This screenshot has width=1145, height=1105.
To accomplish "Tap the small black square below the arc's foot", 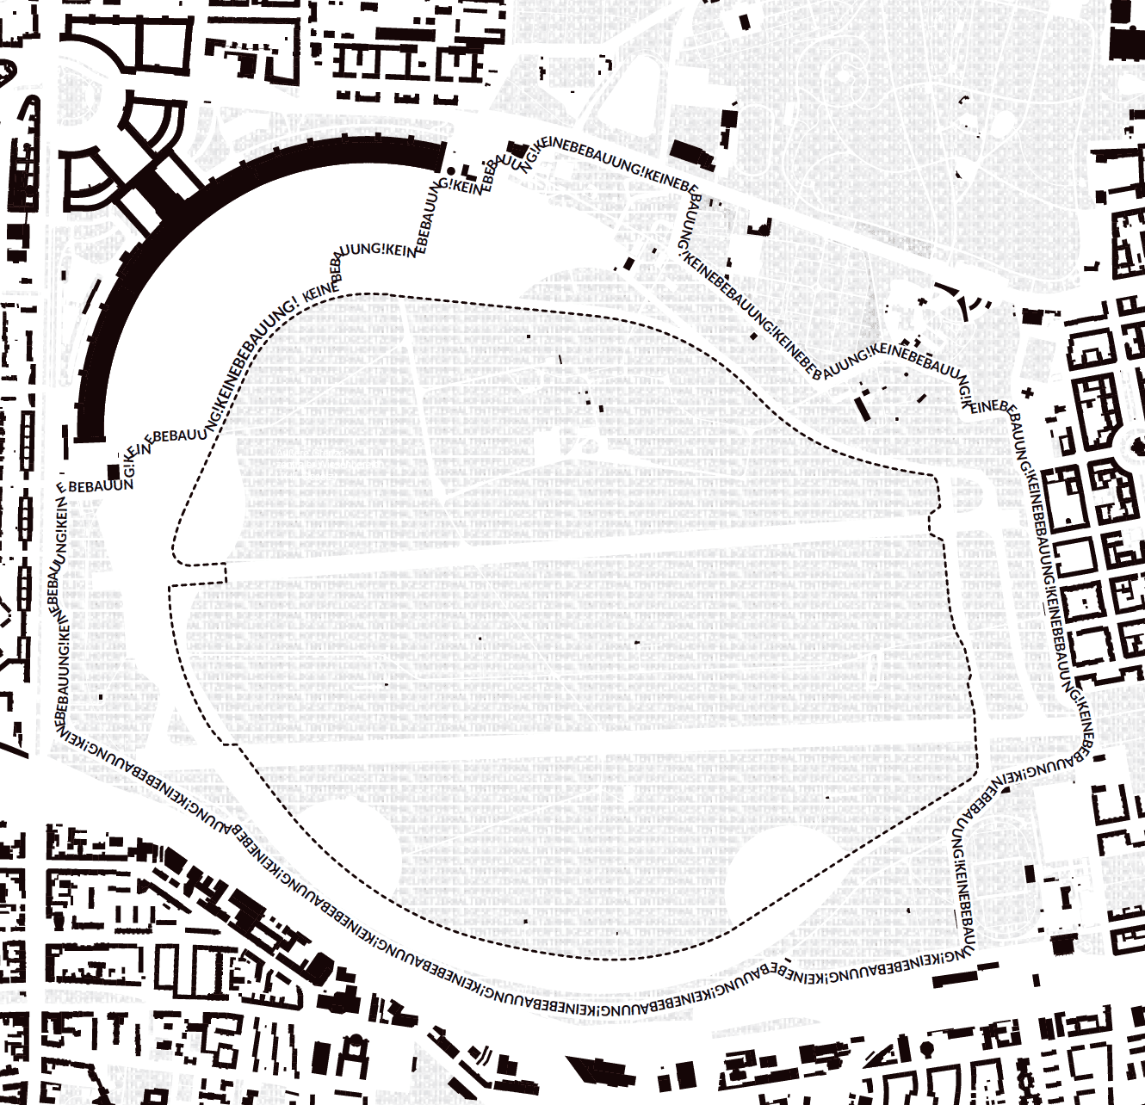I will tap(113, 472).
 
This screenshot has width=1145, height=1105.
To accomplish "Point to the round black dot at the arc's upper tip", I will tap(451, 171).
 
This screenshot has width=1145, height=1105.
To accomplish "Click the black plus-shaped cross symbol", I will tap(1026, 392).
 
